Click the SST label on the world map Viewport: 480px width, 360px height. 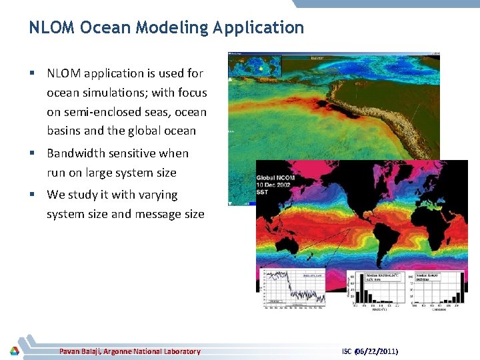coord(263,193)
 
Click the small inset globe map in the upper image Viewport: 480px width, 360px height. coord(255,67)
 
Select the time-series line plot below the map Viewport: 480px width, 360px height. coord(294,288)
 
